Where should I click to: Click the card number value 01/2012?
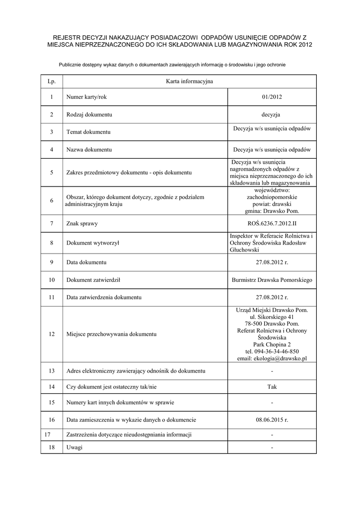[x=272, y=97]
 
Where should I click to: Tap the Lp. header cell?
[x=52, y=81]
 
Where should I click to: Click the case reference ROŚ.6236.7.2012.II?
[x=272, y=224]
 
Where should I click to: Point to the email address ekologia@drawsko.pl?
[x=272, y=359]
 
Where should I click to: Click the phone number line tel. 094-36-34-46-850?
[x=272, y=352]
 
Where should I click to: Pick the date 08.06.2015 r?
[x=272, y=420]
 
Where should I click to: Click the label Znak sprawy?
[x=82, y=224]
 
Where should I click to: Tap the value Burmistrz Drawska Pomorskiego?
[x=272, y=280]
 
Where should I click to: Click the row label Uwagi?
[x=74, y=447]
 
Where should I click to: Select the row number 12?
[x=52, y=334]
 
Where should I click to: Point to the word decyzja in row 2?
[x=272, y=115]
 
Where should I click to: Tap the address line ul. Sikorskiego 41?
[x=272, y=317]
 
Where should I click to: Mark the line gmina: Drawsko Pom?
[x=272, y=211]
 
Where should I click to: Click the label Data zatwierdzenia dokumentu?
[x=104, y=298]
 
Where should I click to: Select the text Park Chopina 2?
[x=272, y=345]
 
